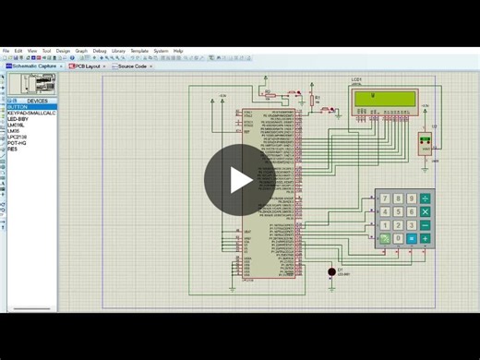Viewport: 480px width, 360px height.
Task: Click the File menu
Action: pos(6,51)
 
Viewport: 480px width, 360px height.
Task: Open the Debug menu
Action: pos(100,51)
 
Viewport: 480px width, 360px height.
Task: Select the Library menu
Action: pos(118,51)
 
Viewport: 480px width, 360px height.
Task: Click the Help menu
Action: pos(178,51)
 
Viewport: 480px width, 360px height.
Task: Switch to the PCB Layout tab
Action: pos(88,66)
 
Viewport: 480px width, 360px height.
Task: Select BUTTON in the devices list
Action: pos(18,107)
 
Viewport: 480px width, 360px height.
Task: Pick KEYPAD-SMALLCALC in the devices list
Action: pos(32,113)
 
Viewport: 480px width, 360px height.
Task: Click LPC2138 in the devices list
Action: pos(18,137)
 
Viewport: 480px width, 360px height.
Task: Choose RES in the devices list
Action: pos(12,149)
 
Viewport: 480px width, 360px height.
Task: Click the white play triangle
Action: pos(240,180)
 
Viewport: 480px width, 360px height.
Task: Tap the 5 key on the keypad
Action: pos(398,211)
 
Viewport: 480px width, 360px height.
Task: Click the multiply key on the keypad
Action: pos(426,211)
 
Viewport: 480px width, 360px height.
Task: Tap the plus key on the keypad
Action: pos(426,238)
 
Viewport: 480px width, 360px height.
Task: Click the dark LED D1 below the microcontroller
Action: pos(331,272)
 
